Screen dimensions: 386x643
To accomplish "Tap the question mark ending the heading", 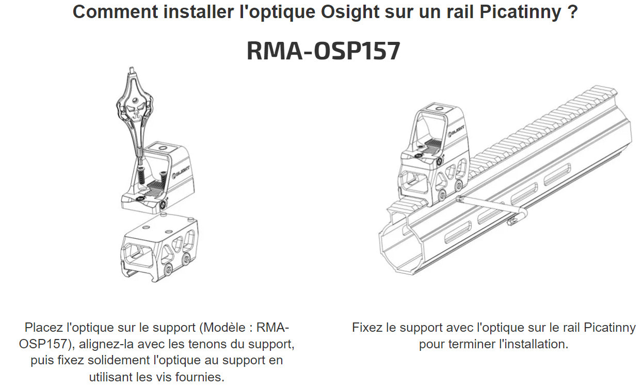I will (x=571, y=12).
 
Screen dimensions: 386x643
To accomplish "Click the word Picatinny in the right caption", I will (x=610, y=328).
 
